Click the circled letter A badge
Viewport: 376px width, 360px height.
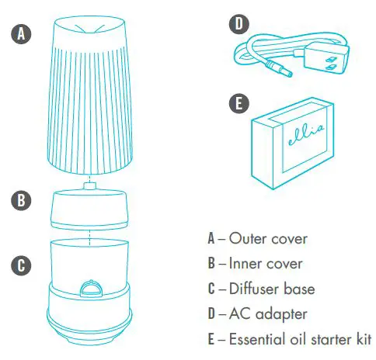click(x=21, y=33)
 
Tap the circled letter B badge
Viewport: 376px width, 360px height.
click(x=21, y=200)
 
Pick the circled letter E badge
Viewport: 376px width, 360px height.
click(x=239, y=103)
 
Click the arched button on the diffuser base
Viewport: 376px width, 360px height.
click(x=92, y=289)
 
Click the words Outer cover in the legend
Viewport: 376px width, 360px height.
click(x=268, y=238)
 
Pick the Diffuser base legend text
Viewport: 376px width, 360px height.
click(x=272, y=289)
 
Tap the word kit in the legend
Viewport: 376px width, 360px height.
click(x=362, y=339)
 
